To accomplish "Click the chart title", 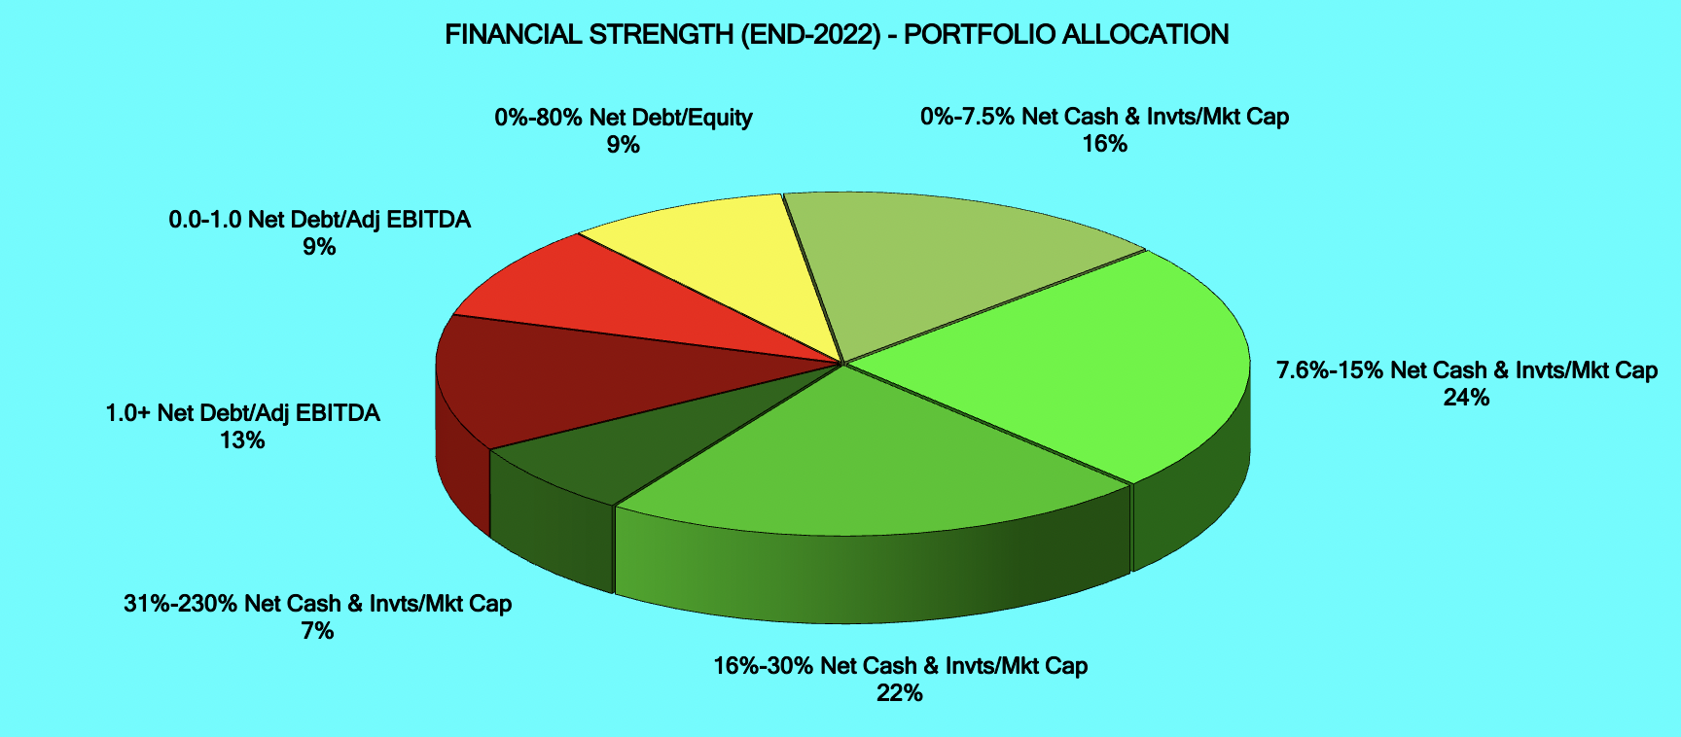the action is (x=837, y=35).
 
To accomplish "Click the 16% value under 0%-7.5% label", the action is (x=1105, y=144).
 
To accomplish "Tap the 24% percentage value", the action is (x=1467, y=398).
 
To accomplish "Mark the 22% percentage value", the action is (x=900, y=693).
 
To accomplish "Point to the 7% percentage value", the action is (x=317, y=631).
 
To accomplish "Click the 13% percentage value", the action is (x=242, y=440).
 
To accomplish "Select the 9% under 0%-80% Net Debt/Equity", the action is (x=624, y=145).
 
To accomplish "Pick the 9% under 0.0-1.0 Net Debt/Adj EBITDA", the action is (x=319, y=247).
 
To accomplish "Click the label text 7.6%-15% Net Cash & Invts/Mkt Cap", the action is (x=1467, y=370).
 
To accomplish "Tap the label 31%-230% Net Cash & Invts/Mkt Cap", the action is (x=317, y=604).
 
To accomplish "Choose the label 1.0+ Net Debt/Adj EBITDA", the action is (x=242, y=413).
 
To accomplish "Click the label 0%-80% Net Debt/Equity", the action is (x=624, y=118).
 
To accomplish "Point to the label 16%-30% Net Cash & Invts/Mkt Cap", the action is (x=900, y=666).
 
